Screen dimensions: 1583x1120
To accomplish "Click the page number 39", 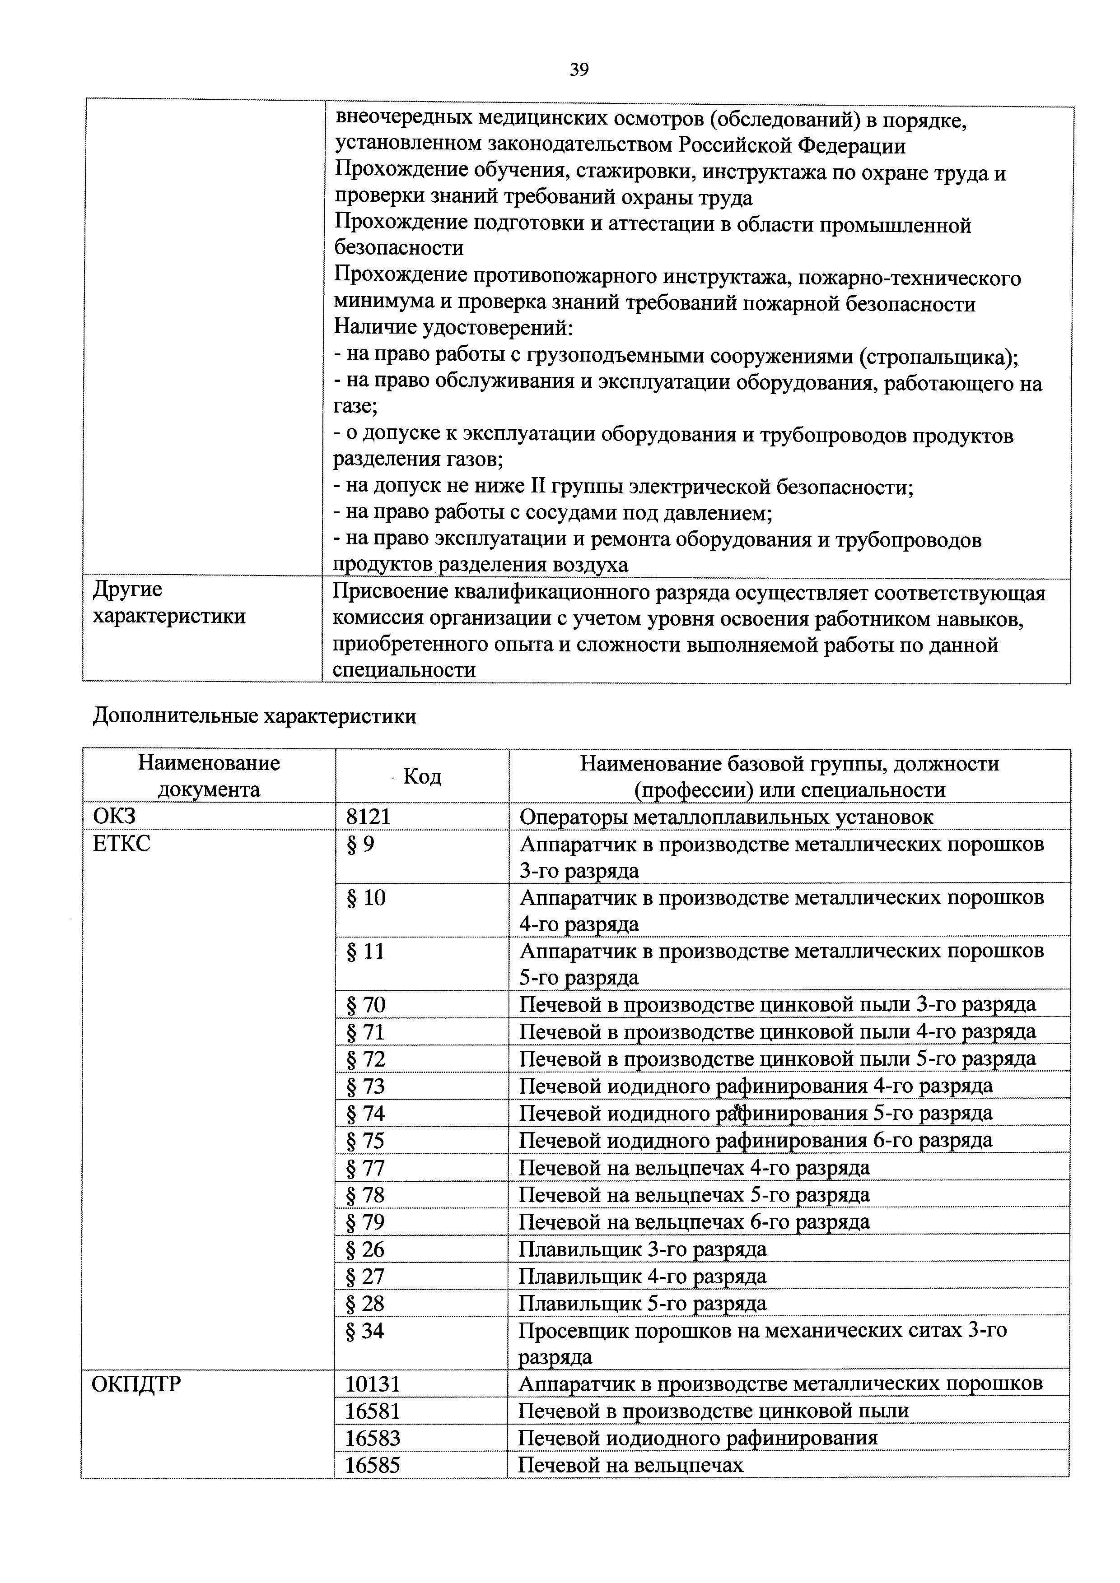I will (579, 70).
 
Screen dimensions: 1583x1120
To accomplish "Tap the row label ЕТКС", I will (121, 844).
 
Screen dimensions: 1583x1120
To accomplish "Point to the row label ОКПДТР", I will (136, 1384).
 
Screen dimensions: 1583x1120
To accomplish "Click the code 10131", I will (373, 1384).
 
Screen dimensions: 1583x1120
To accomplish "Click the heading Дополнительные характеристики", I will (254, 716).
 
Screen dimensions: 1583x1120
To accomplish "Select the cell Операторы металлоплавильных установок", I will (726, 817).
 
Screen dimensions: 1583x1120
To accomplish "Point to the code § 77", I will (365, 1168).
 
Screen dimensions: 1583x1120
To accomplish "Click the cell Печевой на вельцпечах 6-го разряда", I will (694, 1222).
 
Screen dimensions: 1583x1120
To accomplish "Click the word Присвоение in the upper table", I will (390, 593).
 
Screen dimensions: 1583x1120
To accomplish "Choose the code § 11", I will (365, 952).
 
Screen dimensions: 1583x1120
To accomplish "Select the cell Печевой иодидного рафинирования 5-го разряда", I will (755, 1114).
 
